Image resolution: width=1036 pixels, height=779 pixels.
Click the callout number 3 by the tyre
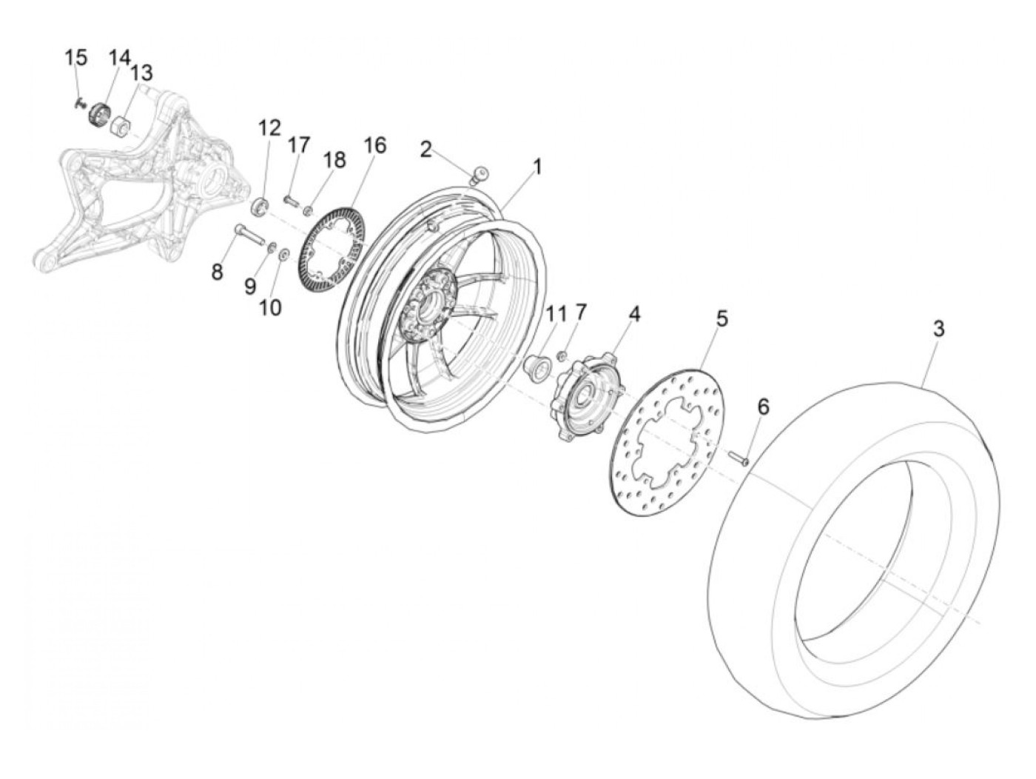click(938, 329)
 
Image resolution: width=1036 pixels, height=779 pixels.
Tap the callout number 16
click(375, 145)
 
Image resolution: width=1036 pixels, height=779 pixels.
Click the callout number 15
click(75, 57)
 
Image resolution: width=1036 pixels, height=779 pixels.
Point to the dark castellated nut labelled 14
click(98, 116)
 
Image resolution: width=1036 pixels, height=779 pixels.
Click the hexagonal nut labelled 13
click(121, 127)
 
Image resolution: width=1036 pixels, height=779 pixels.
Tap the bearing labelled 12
click(260, 205)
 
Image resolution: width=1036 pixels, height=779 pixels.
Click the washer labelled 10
click(283, 255)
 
